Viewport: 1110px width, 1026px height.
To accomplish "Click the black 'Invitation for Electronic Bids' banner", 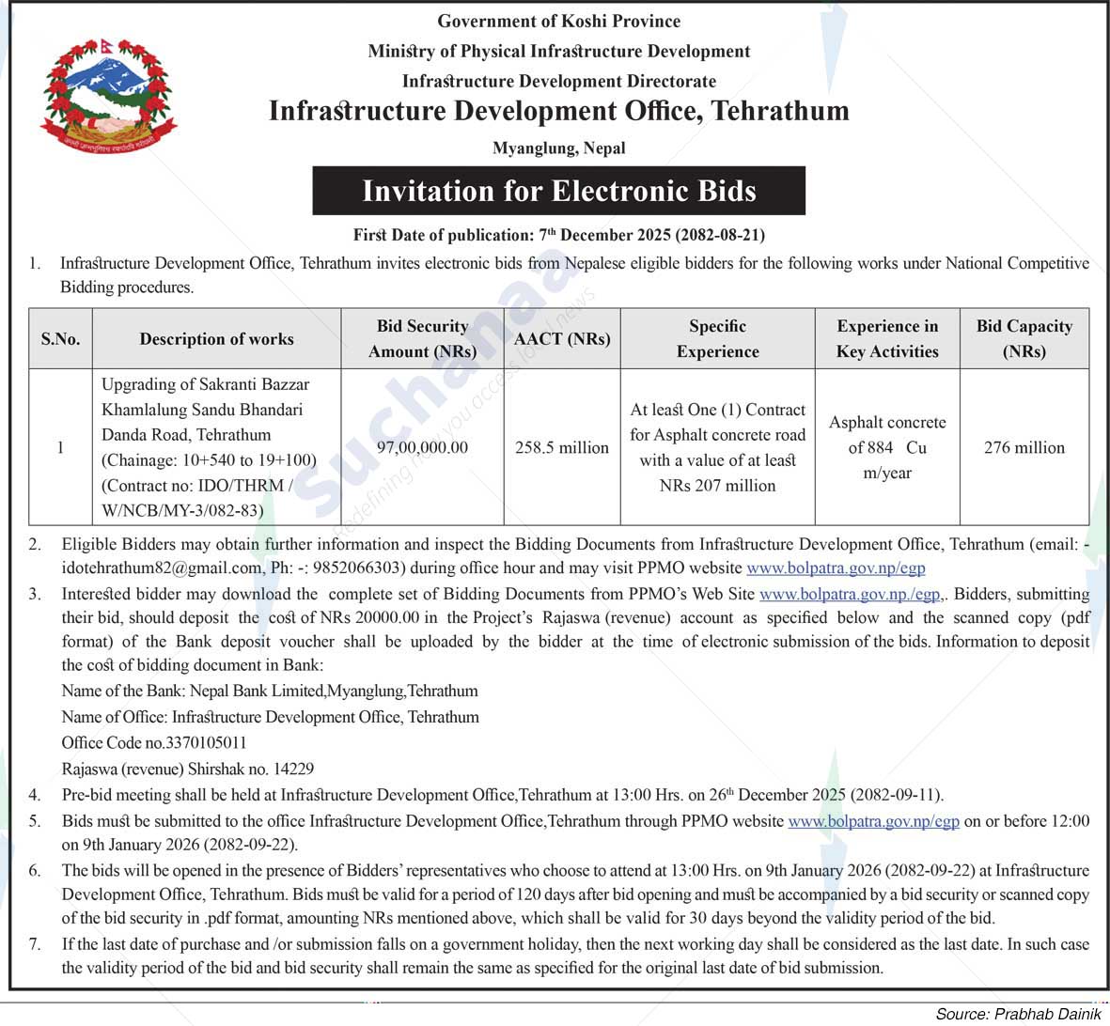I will (559, 191).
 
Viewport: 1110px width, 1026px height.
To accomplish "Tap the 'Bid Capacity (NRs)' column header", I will (1024, 338).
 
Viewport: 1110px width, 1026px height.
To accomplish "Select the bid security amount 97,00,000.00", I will (422, 447).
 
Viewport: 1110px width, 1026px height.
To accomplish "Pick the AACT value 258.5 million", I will (562, 447).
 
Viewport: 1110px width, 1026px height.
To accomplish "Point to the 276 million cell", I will (1024, 447).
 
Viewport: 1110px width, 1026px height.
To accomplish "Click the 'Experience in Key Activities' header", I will (887, 338).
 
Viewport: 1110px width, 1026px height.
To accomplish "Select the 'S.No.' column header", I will (60, 339).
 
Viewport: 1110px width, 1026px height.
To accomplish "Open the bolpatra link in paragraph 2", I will (836, 567).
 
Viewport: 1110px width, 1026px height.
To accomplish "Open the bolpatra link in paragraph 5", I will (873, 821).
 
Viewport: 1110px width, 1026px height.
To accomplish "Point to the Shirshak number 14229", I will (293, 769).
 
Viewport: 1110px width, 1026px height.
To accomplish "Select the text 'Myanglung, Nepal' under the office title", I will (559, 148).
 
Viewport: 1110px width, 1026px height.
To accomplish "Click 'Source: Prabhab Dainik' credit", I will (1018, 1014).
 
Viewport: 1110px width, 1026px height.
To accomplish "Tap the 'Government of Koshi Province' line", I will (559, 21).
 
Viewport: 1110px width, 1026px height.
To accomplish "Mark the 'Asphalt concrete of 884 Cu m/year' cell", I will (887, 447).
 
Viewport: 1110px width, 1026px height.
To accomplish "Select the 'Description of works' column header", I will (216, 339).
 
